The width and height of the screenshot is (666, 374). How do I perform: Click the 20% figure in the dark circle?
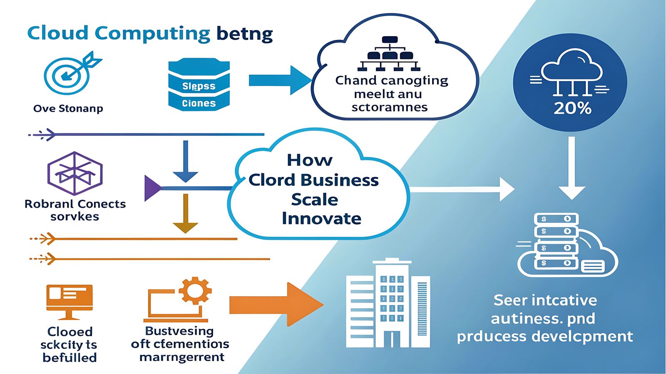(x=572, y=108)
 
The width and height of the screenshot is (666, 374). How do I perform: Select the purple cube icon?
(x=75, y=173)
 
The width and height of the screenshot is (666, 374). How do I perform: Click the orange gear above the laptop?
(x=195, y=290)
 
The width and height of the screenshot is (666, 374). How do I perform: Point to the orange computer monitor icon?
(x=69, y=302)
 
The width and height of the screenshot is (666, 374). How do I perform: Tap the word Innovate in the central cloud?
(x=321, y=219)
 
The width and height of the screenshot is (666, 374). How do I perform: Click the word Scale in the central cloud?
(x=315, y=199)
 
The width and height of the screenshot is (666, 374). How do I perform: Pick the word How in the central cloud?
(x=310, y=160)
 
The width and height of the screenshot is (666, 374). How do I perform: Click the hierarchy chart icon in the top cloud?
(x=389, y=54)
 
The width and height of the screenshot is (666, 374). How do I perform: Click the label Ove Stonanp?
(x=68, y=109)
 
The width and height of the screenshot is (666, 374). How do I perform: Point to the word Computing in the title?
(x=152, y=33)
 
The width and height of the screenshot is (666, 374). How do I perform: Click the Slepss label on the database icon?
(x=199, y=86)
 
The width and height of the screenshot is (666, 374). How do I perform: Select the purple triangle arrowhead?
(x=152, y=188)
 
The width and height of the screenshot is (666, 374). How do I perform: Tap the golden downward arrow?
(x=186, y=214)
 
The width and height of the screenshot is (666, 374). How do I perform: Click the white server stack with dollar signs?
(x=556, y=241)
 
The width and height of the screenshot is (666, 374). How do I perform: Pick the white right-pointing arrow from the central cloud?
(x=462, y=189)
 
